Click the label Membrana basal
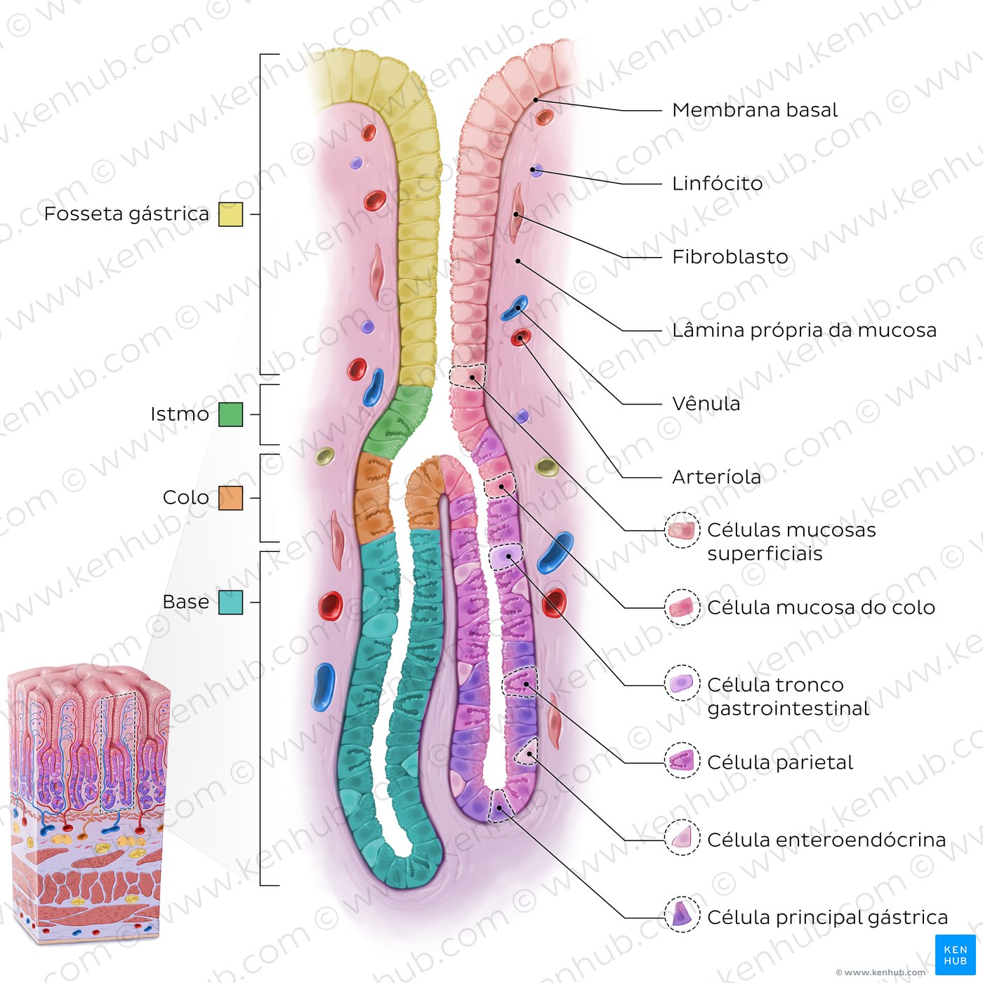click(755, 110)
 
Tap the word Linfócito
click(717, 184)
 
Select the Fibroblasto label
click(730, 257)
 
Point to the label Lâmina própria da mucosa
click(804, 331)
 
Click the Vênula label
click(706, 404)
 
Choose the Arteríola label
click(716, 477)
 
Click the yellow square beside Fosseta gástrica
click(230, 214)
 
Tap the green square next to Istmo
click(230, 414)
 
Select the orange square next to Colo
click(230, 498)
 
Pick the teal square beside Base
click(230, 602)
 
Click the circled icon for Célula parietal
click(682, 762)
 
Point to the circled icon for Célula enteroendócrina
click(682, 840)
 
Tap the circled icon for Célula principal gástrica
click(682, 917)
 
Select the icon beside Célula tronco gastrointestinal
click(682, 685)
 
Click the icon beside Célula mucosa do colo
click(682, 607)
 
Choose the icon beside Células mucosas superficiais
click(682, 531)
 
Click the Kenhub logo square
click(955, 955)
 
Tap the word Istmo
click(180, 414)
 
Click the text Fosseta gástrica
click(126, 214)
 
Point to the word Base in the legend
click(185, 602)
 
